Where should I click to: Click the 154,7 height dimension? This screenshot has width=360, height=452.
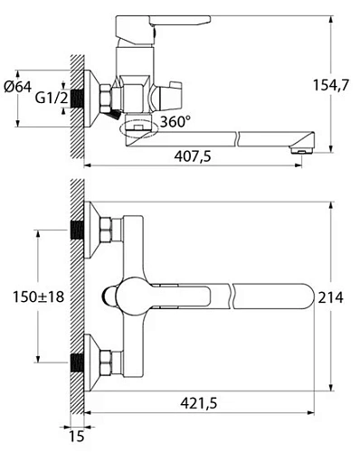(x=330, y=85)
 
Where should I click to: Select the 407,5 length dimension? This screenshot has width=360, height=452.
(x=193, y=156)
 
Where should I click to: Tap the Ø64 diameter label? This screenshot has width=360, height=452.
(x=17, y=88)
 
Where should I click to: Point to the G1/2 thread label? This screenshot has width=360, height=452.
(x=52, y=98)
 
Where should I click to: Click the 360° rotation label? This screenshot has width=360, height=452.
(x=175, y=122)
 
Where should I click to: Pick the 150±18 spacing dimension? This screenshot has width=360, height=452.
(x=38, y=297)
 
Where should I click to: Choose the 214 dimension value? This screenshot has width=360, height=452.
(x=331, y=297)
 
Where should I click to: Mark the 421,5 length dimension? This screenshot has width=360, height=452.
(x=199, y=403)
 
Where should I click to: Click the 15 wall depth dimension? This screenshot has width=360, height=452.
(x=77, y=436)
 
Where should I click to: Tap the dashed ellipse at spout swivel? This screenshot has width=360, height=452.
(x=138, y=128)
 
